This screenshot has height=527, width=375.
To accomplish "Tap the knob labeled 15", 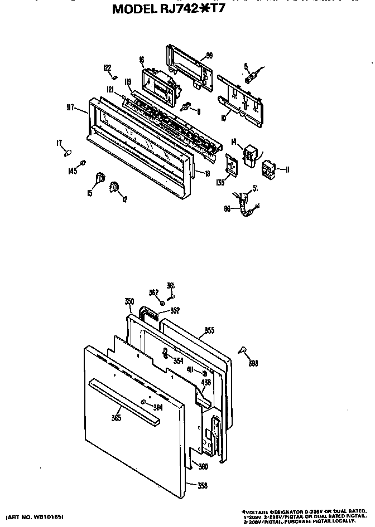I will click(x=100, y=178).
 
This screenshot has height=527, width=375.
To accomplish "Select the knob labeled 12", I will click(x=115, y=186).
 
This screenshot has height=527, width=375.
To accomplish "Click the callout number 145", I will click(x=73, y=171).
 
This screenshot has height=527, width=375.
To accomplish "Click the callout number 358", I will click(x=202, y=485).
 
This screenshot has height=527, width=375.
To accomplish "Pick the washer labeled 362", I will click(x=161, y=303).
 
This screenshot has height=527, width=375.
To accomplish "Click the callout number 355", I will click(x=209, y=330).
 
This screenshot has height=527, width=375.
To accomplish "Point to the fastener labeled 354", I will click(x=166, y=353).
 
